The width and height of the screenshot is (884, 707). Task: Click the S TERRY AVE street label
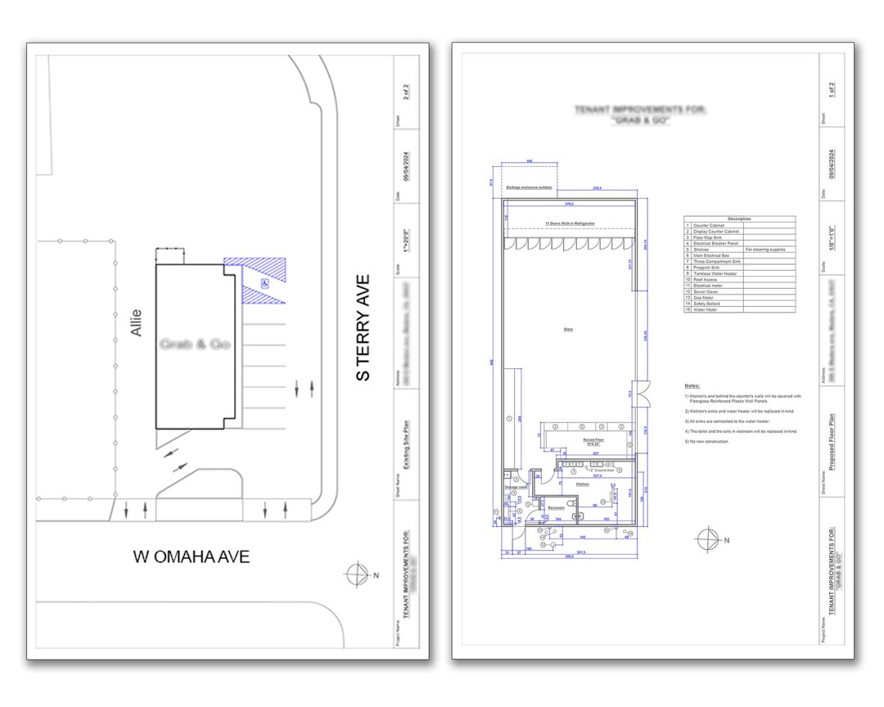(x=363, y=327)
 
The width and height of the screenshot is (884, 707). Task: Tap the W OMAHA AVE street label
(x=192, y=556)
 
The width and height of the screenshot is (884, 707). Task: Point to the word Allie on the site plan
(x=135, y=322)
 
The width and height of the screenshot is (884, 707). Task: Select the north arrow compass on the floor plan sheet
(x=707, y=539)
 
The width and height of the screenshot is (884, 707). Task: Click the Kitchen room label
(x=582, y=484)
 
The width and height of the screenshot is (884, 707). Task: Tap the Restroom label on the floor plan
(x=557, y=507)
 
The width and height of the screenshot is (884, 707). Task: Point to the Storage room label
(x=515, y=488)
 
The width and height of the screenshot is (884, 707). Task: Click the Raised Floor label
(x=593, y=440)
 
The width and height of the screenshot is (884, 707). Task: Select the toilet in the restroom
(x=571, y=501)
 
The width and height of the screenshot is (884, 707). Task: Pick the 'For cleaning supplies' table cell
(x=765, y=249)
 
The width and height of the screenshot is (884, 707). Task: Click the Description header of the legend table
(x=739, y=218)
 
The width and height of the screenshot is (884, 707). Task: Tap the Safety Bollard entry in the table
(x=707, y=304)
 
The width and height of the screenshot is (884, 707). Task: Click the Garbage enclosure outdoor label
(x=529, y=187)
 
